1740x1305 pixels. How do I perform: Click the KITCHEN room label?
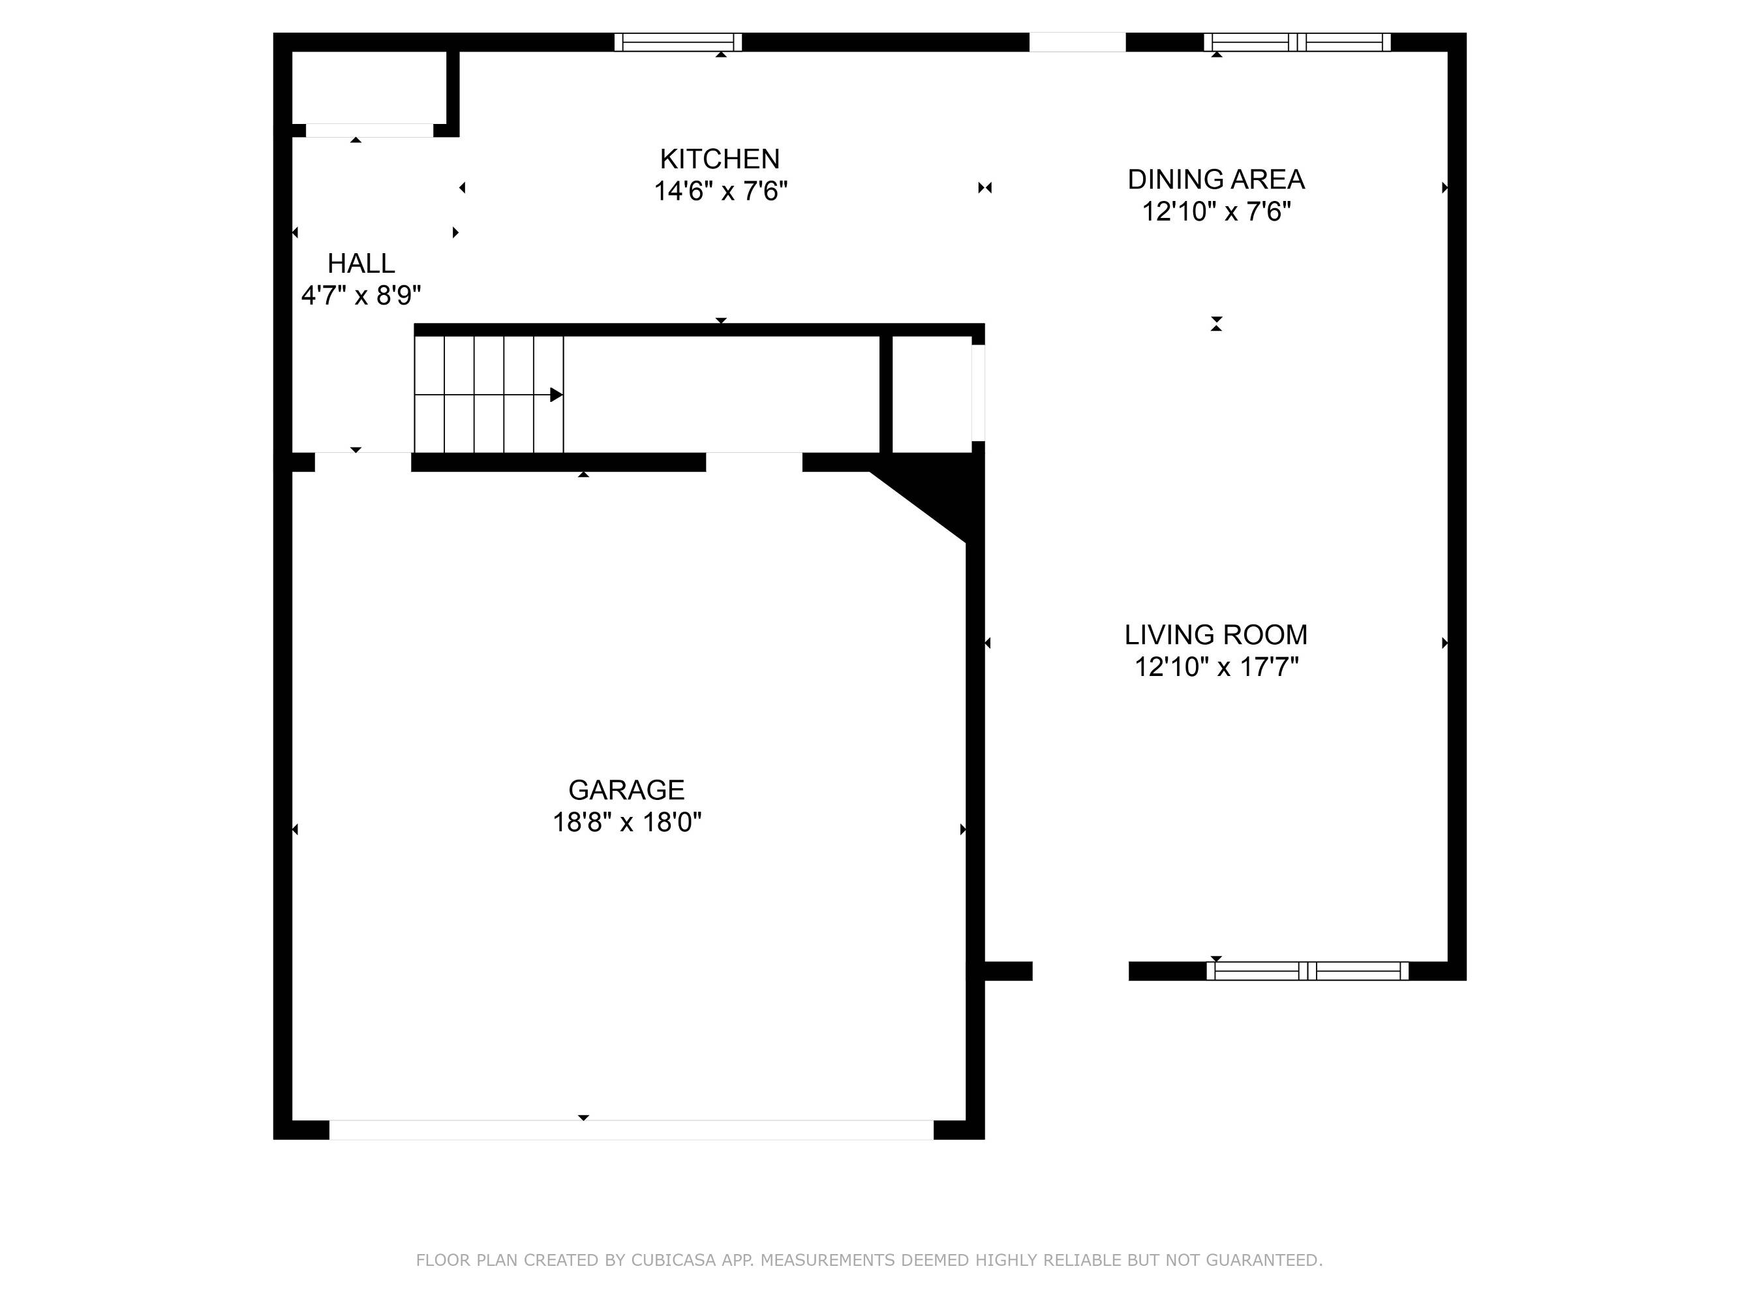click(x=720, y=159)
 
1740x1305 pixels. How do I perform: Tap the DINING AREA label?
click(x=1216, y=179)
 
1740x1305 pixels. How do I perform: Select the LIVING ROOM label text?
click(x=1216, y=634)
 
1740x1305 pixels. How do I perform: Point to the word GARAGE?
click(x=626, y=789)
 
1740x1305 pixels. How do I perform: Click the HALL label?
click(x=361, y=263)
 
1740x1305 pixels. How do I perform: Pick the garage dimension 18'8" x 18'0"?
click(x=626, y=822)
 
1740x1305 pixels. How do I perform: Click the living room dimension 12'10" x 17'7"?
click(x=1216, y=667)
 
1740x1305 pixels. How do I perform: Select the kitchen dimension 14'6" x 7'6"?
click(x=720, y=191)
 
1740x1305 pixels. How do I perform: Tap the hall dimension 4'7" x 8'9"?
click(x=361, y=296)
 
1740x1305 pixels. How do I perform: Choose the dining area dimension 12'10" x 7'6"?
click(x=1216, y=211)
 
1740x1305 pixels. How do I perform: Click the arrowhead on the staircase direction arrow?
click(x=556, y=394)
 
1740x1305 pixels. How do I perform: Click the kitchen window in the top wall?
click(x=678, y=42)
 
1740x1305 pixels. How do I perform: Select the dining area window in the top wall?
click(x=1297, y=42)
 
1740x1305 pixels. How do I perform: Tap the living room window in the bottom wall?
click(x=1307, y=971)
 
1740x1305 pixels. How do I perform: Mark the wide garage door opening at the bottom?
click(x=631, y=1129)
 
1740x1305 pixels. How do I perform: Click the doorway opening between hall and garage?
click(x=363, y=462)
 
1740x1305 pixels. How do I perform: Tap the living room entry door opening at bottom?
click(x=1080, y=971)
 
